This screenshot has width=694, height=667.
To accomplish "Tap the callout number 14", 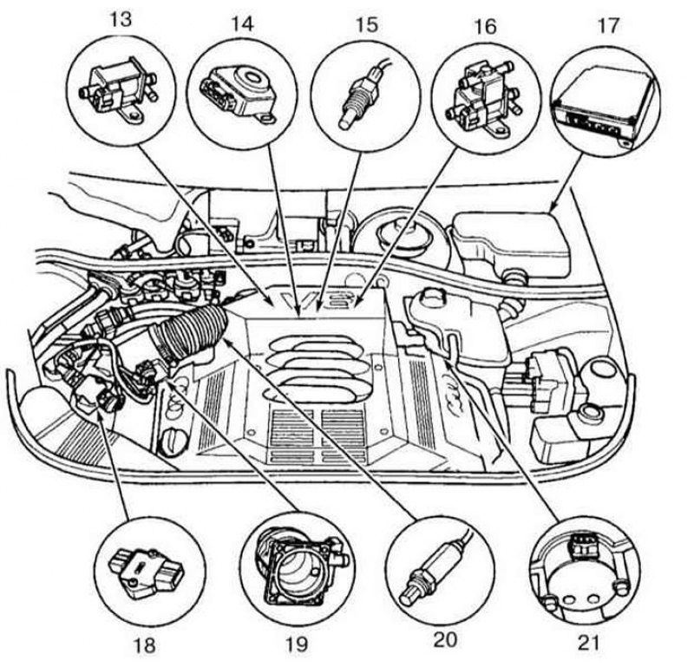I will point(242,23).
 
